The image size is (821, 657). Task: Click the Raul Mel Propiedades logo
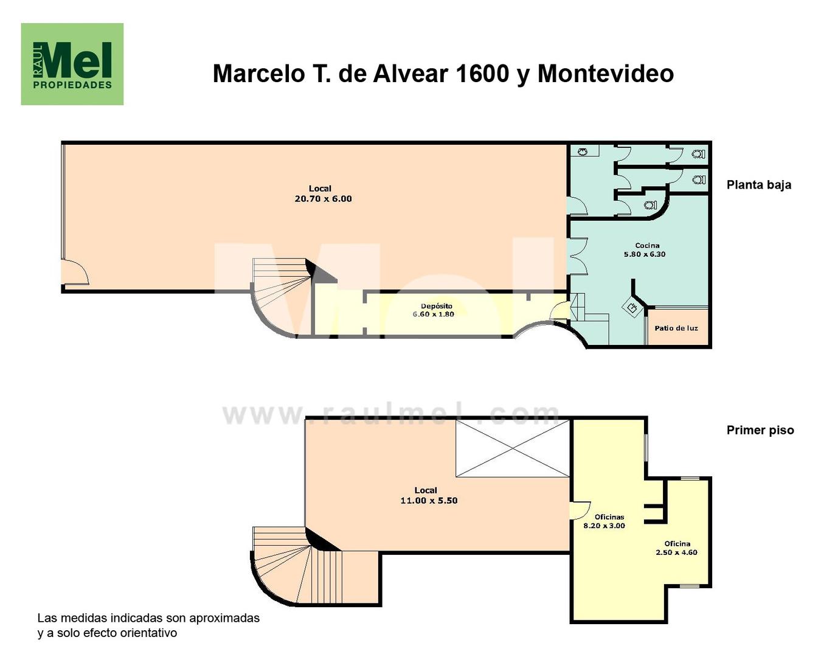[x=72, y=64]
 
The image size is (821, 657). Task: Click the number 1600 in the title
[x=482, y=73]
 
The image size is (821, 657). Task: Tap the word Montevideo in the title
[x=606, y=73]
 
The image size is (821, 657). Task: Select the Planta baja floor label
[x=759, y=185]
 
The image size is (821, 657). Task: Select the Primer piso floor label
[x=760, y=430]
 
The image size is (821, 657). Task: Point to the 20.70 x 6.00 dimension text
[x=323, y=198]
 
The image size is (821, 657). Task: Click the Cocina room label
[x=647, y=245]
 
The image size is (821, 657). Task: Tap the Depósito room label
[x=437, y=306]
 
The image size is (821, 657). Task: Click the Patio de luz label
[x=676, y=328]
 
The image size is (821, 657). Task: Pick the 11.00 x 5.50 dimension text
[x=429, y=501]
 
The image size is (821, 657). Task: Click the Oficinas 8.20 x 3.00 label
[x=604, y=521]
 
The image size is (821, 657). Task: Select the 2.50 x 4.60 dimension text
[x=676, y=552]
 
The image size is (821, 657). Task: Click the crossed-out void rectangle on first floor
[x=512, y=448]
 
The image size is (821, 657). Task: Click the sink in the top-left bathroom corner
[x=583, y=152]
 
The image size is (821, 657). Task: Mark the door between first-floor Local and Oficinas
[x=580, y=510]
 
